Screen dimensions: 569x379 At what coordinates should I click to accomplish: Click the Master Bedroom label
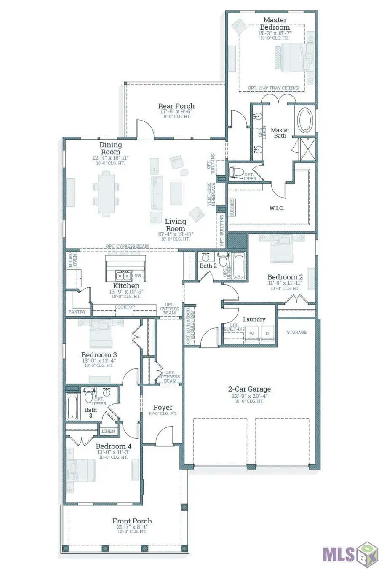coord(275,24)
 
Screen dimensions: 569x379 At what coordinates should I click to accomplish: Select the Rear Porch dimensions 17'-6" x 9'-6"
coord(176,112)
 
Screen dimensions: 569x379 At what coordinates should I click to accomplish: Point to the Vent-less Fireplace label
coord(211,194)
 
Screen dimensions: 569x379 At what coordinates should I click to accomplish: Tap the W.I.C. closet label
coord(276,208)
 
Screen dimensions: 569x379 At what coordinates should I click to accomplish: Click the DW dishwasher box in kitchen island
coord(138,276)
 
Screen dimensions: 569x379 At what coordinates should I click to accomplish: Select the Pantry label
coord(77,312)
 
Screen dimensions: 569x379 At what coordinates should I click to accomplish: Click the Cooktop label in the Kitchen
coord(125,307)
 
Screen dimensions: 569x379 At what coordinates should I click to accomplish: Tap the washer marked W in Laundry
coord(252,334)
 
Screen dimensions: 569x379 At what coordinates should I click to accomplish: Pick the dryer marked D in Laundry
coord(267,334)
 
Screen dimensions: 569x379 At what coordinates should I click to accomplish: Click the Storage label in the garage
coord(296,332)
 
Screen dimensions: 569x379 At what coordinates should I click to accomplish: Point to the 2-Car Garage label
coord(249,389)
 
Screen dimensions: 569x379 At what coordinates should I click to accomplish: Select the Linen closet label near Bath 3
coord(108,431)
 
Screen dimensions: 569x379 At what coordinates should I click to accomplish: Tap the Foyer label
coord(163,407)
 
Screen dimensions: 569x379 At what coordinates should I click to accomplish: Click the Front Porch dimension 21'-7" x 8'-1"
coord(132,527)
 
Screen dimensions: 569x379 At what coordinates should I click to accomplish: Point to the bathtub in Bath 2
coord(239,266)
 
